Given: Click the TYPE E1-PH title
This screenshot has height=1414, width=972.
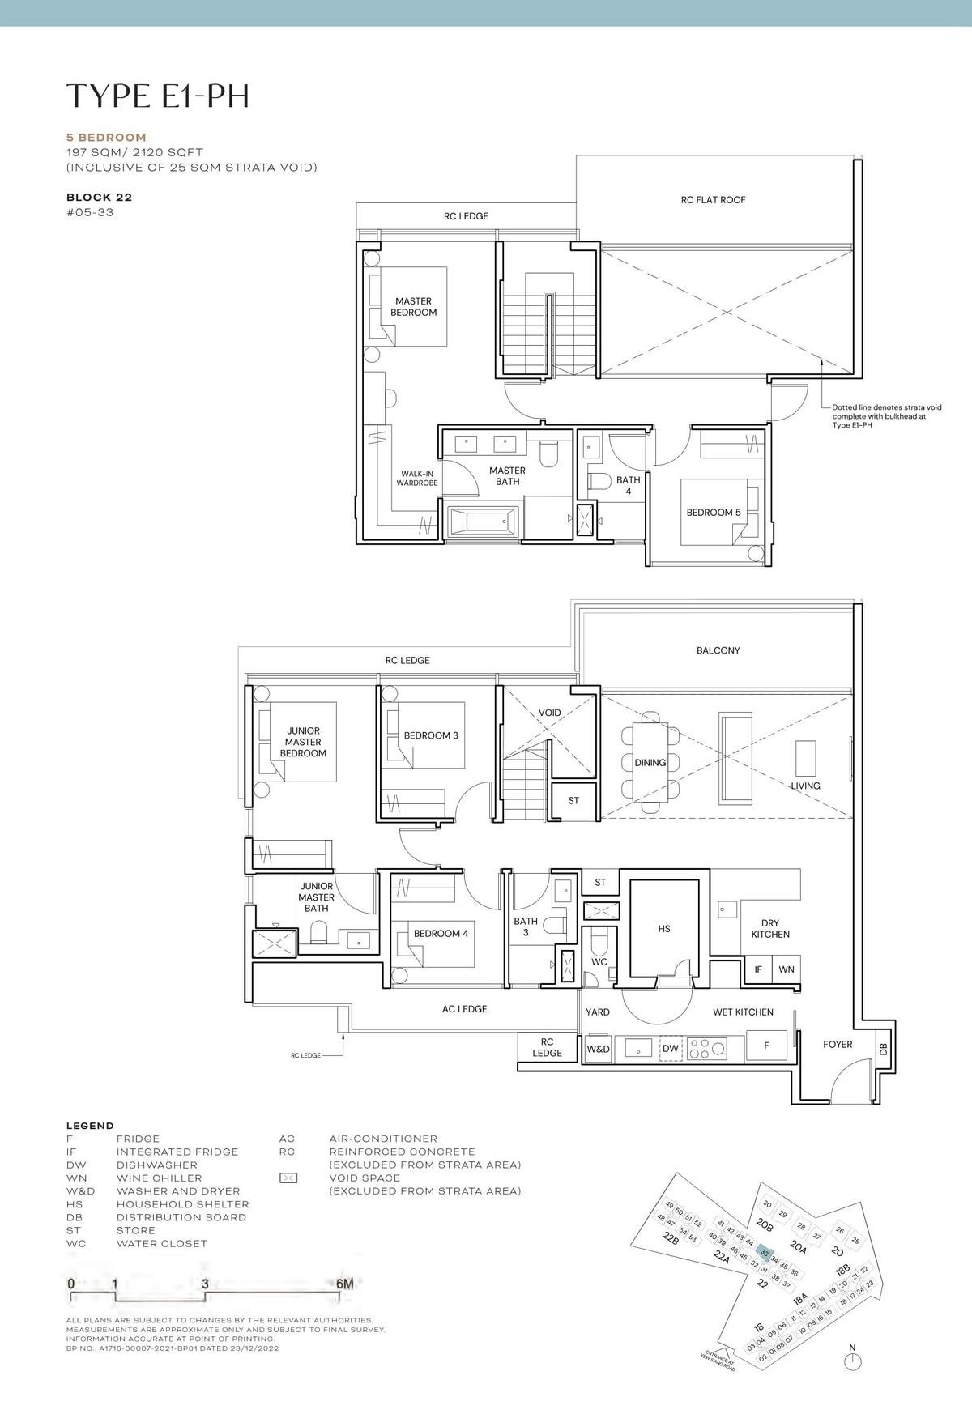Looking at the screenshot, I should [x=157, y=96].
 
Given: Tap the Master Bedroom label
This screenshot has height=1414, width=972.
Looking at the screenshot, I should [x=413, y=307].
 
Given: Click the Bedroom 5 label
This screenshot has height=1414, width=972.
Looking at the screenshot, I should [x=714, y=513].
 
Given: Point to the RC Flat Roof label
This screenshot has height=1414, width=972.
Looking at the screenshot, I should [x=713, y=200].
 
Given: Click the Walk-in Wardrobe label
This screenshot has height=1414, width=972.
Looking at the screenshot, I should [x=417, y=479].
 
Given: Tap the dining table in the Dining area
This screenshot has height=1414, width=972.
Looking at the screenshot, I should [x=650, y=762].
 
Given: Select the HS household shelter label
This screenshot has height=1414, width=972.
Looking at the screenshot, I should [x=664, y=929].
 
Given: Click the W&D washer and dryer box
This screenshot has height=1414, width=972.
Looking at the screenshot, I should [x=598, y=1049].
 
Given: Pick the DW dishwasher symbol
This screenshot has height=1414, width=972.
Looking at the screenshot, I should [x=670, y=1049].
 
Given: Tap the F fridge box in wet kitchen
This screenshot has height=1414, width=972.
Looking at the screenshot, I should [x=766, y=1046].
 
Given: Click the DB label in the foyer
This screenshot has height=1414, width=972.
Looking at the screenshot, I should [x=883, y=1050].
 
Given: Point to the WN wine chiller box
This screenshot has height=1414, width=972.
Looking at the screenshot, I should [x=786, y=969].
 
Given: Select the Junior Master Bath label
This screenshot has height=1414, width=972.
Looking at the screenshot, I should [x=316, y=897].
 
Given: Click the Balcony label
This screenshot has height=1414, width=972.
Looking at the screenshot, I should [x=718, y=650].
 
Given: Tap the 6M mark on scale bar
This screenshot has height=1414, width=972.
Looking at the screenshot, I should [x=344, y=1284].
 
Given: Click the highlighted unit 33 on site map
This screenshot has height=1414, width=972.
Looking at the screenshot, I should [x=764, y=1252].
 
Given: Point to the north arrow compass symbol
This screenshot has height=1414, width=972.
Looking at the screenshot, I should [x=852, y=1362].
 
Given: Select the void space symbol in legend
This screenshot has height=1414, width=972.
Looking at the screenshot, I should [x=288, y=1178].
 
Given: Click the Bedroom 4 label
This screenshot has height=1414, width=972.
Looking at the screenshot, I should [x=441, y=934].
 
